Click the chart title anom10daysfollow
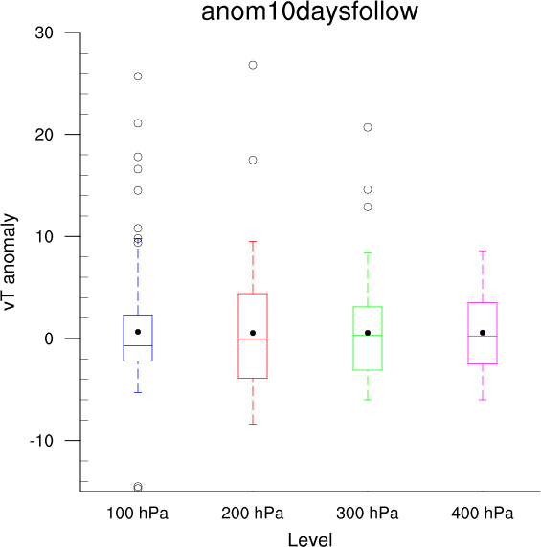click(x=309, y=11)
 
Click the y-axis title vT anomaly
click(x=10, y=262)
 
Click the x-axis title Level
click(x=310, y=539)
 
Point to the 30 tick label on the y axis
click(x=44, y=33)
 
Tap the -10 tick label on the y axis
click(x=41, y=441)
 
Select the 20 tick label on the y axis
click(x=44, y=135)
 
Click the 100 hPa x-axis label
click(x=137, y=514)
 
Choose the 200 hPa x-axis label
click(x=253, y=514)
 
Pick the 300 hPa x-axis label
click(x=368, y=514)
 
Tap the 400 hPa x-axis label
click(x=483, y=514)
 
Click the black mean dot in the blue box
click(x=138, y=332)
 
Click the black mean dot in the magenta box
click(x=483, y=333)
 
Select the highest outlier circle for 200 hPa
click(x=253, y=65)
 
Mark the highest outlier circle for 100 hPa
click(x=138, y=77)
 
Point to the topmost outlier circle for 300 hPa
click(x=368, y=128)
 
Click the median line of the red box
click(x=253, y=339)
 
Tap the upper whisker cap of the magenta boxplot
click(x=483, y=251)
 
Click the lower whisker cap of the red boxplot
click(x=253, y=424)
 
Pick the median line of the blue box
click(x=138, y=345)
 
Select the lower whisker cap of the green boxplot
click(x=368, y=400)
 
